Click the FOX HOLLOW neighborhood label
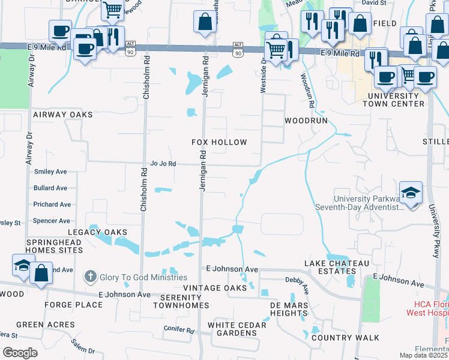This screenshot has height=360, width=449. pos(219,142)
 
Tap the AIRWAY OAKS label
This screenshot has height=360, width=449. pos(63,115)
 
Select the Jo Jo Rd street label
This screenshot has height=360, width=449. pos(163,163)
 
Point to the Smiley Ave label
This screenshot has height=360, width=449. pos(50,172)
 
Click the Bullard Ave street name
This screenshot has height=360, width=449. pos(50,188)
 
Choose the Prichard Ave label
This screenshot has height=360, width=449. pos(52,205)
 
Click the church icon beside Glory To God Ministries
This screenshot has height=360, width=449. pos(90,277)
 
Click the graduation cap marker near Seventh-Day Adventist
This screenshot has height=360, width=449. pos(411,193)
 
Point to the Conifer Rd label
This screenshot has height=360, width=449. pos(179,330)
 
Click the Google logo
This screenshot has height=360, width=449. pos(20,353)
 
